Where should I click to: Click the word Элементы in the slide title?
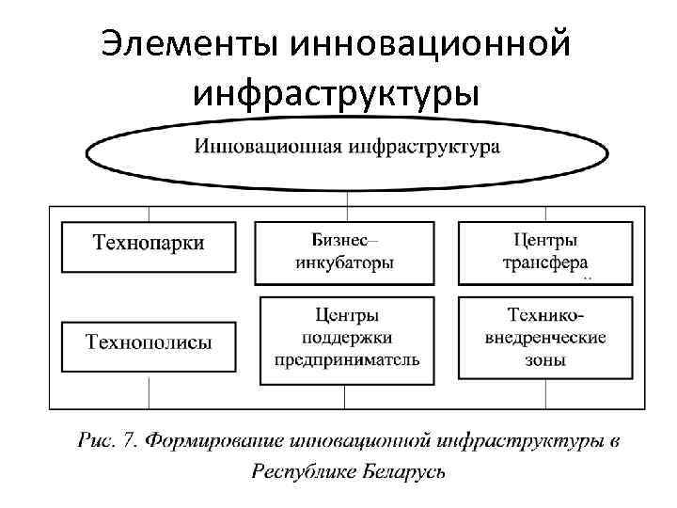tap(189, 45)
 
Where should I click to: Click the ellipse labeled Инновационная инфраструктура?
tap(347, 148)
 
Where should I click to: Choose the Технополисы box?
tap(148, 345)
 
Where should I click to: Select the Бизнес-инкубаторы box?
tap(345, 252)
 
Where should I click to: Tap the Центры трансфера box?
tap(545, 252)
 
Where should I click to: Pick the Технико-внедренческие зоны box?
tap(545, 338)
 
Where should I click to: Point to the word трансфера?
tap(545, 263)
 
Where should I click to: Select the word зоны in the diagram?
tap(545, 359)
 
